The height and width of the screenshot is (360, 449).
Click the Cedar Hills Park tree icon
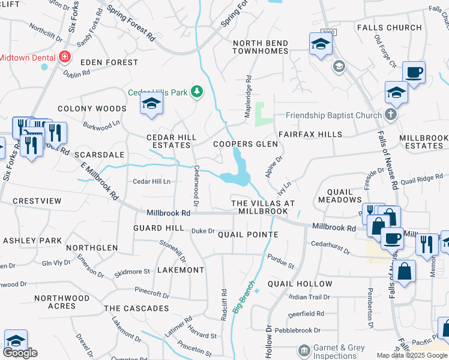point(196,92)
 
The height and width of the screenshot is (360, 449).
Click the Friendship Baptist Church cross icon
point(391,115)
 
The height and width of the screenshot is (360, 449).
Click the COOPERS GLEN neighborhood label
point(246,145)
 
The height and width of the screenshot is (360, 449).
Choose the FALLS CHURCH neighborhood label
point(389,28)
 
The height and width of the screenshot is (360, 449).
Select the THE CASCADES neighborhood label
point(137,308)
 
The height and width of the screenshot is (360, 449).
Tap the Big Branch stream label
point(243,298)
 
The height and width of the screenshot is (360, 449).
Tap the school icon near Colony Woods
point(152,104)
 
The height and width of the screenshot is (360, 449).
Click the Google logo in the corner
point(20,352)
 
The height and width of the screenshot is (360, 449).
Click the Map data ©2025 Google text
point(412,355)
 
